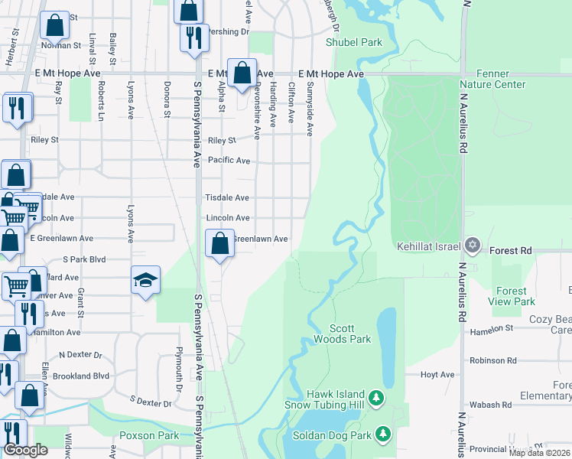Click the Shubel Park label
tap(353, 43)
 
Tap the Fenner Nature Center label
tap(492, 79)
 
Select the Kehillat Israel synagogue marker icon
tap(473, 246)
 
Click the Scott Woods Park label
tap(342, 334)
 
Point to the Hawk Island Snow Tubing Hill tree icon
tap(376, 398)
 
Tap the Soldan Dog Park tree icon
tap(383, 435)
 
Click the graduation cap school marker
tap(145, 280)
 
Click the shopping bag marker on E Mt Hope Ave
tap(242, 74)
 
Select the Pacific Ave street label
tap(228, 161)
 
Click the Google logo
tap(26, 450)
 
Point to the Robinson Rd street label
tap(493, 360)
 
